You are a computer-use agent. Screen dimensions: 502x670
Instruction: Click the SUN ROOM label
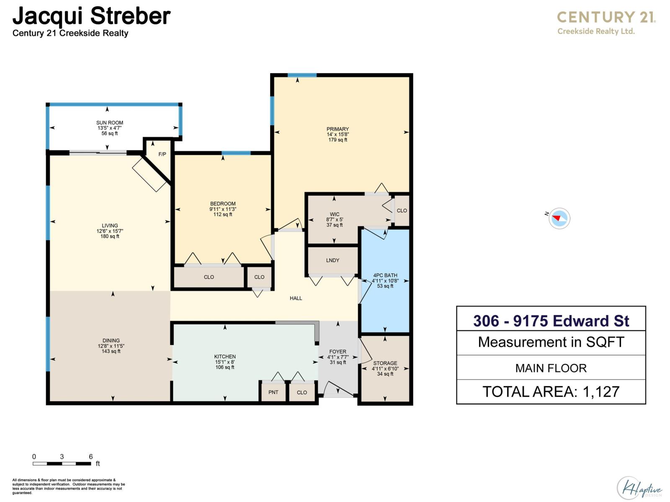coord(110,123)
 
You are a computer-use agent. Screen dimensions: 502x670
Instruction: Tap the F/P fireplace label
coord(162,154)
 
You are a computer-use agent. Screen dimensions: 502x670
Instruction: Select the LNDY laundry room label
coord(332,260)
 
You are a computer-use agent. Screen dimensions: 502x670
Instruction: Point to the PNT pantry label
coord(273,392)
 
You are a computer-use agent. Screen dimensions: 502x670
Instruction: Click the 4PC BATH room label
coord(385,276)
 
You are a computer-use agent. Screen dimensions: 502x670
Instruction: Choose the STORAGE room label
coord(385,364)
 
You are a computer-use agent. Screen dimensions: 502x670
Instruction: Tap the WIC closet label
coord(335,214)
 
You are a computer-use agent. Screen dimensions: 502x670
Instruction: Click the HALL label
coord(296,298)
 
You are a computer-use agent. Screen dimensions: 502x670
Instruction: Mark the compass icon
coord(559,218)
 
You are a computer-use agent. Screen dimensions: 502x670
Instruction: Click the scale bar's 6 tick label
coord(90,457)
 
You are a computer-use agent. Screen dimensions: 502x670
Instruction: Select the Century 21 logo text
coord(606,18)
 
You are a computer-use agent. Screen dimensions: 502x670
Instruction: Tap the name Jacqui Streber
coord(91,16)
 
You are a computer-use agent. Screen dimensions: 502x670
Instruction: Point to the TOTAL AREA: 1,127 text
coord(551,392)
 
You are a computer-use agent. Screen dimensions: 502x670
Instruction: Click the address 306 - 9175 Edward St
coord(551,321)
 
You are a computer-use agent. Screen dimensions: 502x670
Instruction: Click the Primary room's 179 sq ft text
coord(338,140)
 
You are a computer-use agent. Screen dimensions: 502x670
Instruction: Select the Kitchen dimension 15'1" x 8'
coord(225,362)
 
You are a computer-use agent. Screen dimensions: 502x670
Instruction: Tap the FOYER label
coord(338,352)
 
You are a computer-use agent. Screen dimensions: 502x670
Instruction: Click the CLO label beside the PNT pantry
coord(301,392)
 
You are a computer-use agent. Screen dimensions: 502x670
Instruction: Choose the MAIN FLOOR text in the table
coord(551,368)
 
